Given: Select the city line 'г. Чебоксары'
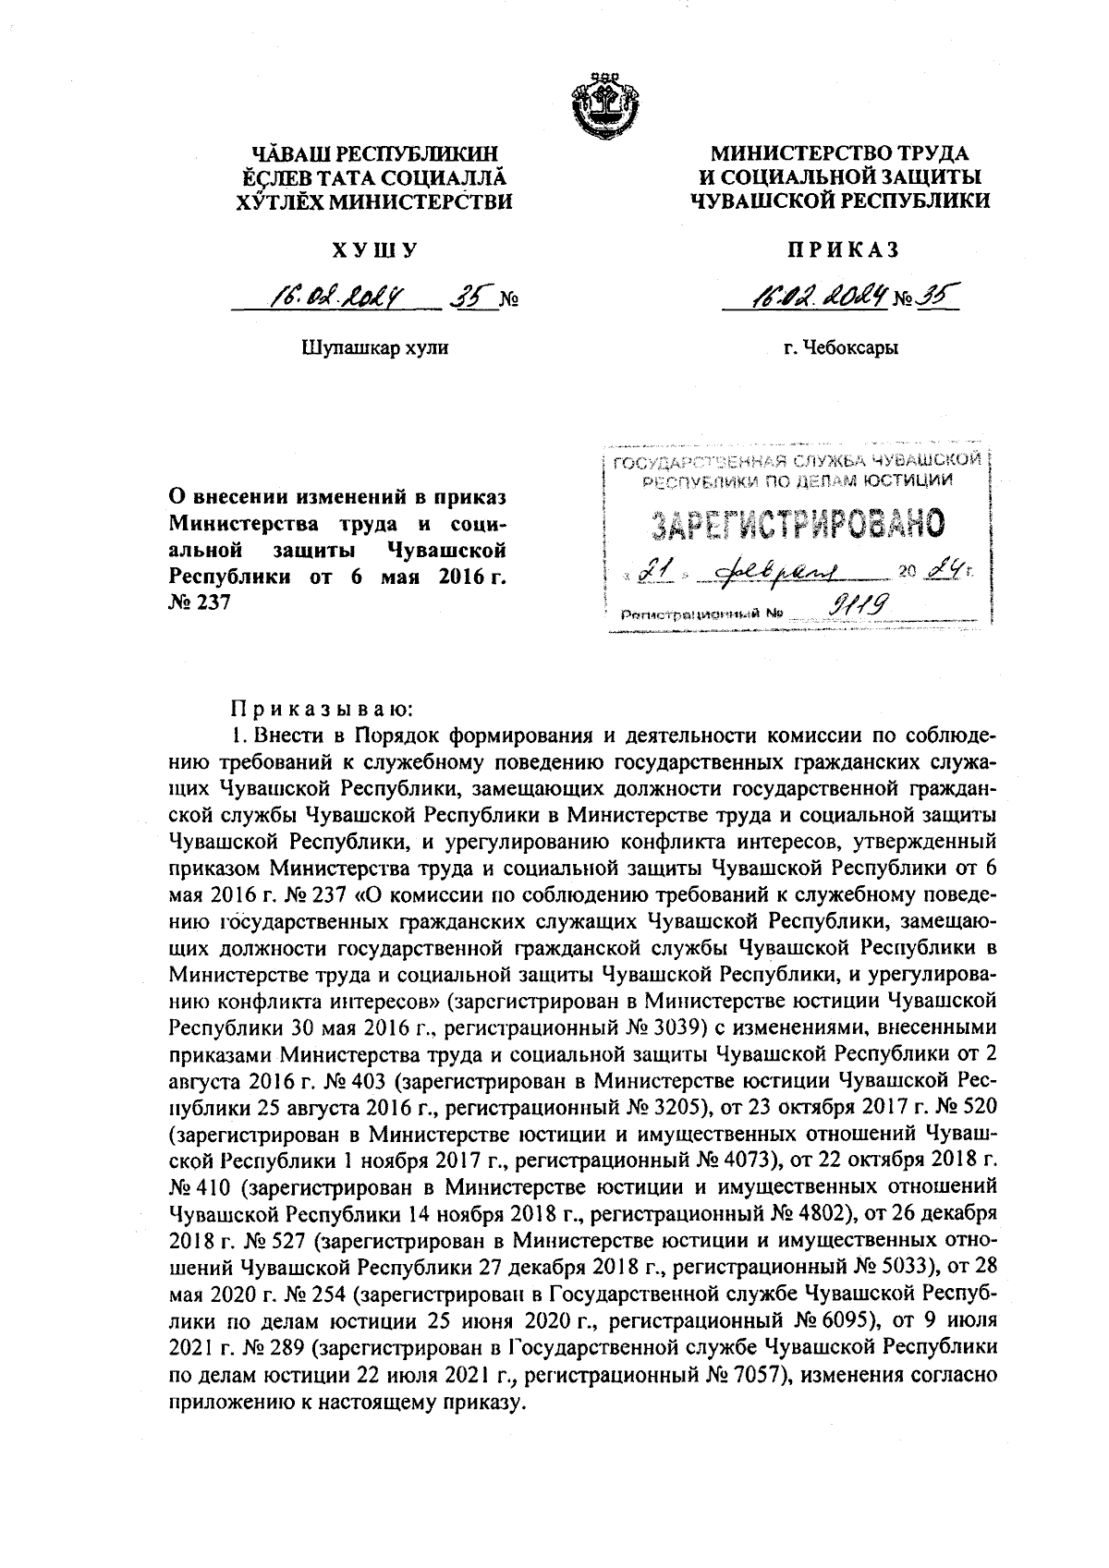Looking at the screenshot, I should coord(841,348).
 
